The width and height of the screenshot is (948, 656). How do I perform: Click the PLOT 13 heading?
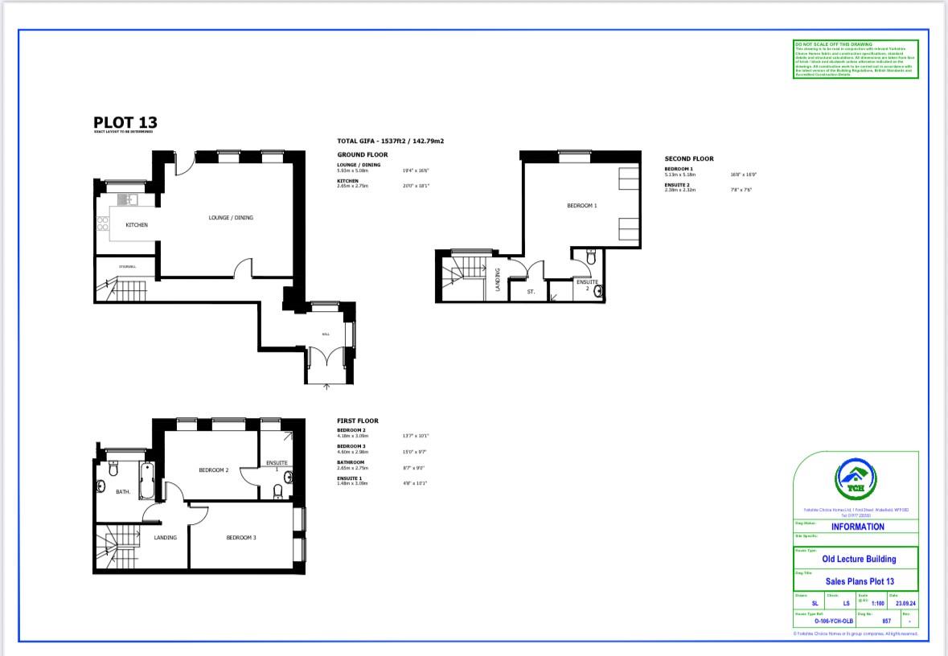click(125, 123)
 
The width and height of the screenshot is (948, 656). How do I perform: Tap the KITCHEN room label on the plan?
click(136, 225)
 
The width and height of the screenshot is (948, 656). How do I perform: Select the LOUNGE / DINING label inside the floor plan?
click(231, 218)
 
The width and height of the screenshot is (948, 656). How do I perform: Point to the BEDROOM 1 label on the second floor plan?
click(582, 207)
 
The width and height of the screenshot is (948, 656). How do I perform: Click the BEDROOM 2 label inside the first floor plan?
click(214, 470)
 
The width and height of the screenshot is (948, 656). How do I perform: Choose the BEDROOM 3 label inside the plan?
click(240, 538)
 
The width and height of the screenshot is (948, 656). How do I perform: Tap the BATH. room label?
click(123, 492)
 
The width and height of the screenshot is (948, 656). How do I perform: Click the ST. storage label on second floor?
click(531, 292)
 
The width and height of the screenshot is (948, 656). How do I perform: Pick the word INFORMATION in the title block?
click(857, 527)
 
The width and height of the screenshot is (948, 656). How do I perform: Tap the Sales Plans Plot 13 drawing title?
click(860, 581)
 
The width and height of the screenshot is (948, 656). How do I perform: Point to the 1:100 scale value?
click(877, 603)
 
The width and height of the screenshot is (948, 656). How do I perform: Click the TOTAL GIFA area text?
click(390, 141)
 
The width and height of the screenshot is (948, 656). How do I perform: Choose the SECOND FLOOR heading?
click(688, 159)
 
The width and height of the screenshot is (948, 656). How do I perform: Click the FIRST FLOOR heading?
click(357, 420)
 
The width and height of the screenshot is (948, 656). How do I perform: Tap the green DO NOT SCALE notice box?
click(855, 59)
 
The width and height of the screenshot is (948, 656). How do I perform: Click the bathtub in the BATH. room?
click(146, 481)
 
